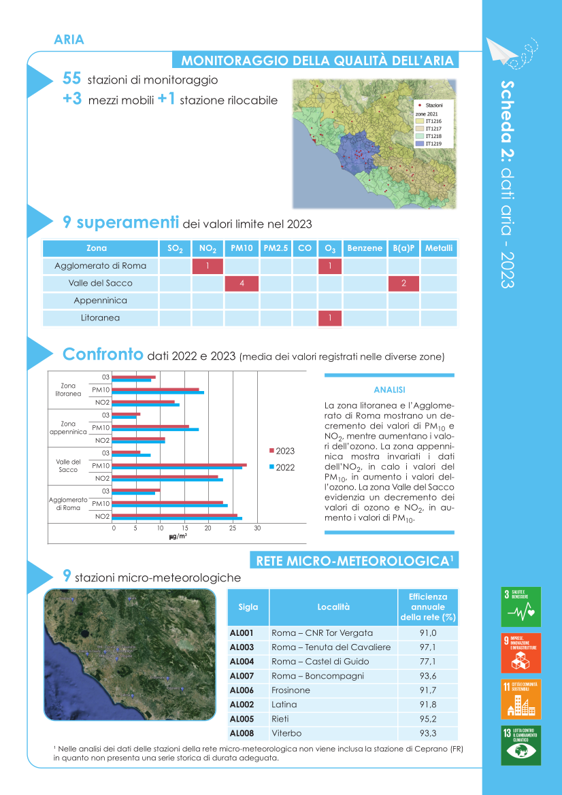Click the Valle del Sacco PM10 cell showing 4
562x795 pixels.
pos(242,283)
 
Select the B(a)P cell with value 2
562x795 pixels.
pos(403,283)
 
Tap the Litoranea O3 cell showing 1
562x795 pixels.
pos(329,318)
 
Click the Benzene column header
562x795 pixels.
pos(365,248)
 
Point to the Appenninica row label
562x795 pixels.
pos(101,301)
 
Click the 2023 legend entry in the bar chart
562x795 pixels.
pos(282,451)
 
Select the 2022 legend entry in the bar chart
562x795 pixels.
pos(282,467)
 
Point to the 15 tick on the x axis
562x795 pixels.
pos(185,528)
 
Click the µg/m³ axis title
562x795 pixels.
pos(178,537)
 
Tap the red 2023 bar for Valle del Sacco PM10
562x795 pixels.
pos(179,465)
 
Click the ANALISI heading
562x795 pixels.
pos(389,390)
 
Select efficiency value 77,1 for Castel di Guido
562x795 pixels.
pos(428,661)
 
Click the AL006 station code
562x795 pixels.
pos(242,690)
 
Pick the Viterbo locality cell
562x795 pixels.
pos(286,733)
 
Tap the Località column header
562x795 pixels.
pos(333,607)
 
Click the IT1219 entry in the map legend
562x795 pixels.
pos(429,143)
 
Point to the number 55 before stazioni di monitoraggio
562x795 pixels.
pos(72,79)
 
